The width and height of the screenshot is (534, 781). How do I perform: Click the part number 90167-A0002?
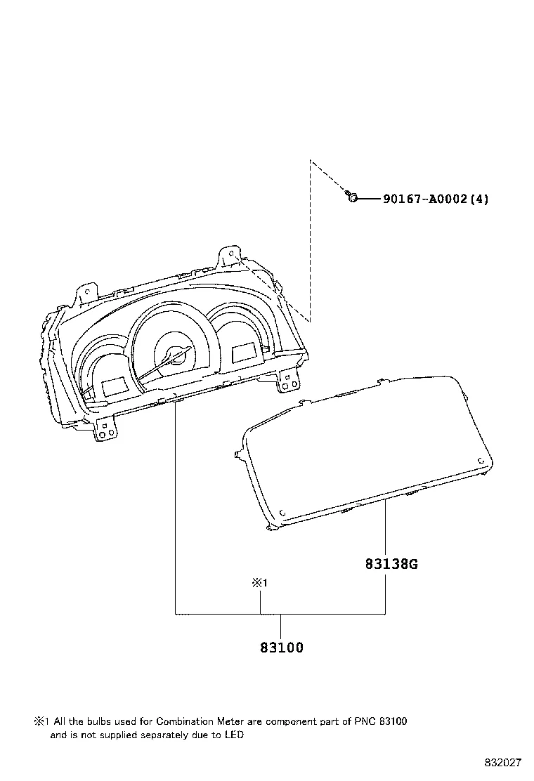point(425,199)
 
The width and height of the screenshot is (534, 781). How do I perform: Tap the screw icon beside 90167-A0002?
point(352,197)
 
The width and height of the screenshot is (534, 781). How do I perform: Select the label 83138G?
point(391,564)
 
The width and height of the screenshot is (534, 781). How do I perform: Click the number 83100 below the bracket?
point(282,648)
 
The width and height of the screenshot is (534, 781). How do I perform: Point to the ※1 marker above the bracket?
point(259,582)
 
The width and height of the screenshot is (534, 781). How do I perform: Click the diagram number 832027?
point(503,763)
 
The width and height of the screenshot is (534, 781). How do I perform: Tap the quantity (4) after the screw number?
point(479,199)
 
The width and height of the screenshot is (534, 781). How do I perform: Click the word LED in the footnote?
point(234,735)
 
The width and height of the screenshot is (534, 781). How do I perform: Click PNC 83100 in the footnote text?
point(380,721)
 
